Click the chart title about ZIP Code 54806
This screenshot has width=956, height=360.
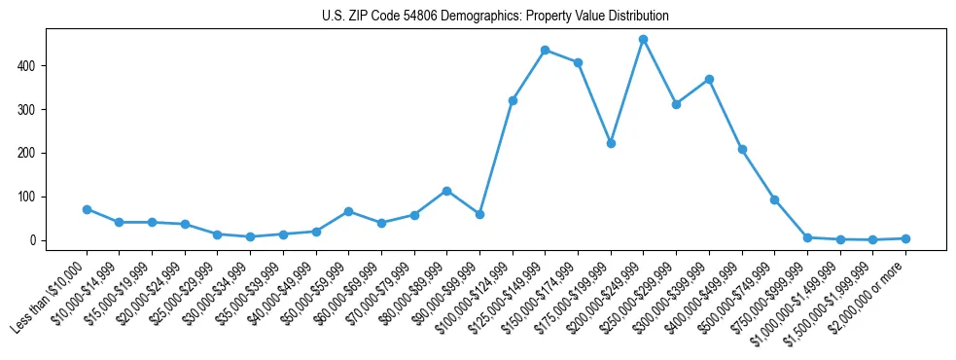[x=495, y=17]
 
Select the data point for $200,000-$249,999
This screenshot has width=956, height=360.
[x=643, y=40]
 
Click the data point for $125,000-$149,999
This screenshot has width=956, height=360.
[x=545, y=50]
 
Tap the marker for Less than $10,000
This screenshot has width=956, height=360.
[x=87, y=209]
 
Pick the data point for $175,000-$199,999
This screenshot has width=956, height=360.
[x=611, y=143]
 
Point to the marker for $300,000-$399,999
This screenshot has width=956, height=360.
[x=709, y=79]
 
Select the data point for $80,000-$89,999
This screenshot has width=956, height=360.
[x=446, y=191]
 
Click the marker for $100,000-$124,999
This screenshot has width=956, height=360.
[x=513, y=100]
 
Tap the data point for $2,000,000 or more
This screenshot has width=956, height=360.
[x=905, y=238]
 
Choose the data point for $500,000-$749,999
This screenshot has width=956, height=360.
[x=774, y=199]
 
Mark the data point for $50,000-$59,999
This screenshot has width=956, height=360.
[x=348, y=211]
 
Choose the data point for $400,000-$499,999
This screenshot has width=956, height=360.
[x=742, y=149]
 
